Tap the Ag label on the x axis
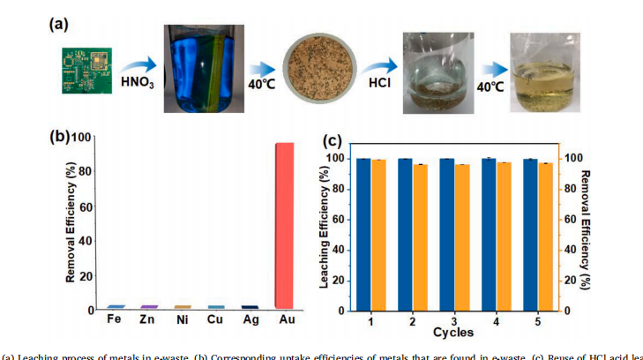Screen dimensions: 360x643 pyautogui.click(x=249, y=319)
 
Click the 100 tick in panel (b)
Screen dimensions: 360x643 pyautogui.click(x=82, y=138)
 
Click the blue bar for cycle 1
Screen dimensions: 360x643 pyautogui.click(x=363, y=234)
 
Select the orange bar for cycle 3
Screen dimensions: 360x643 pyautogui.click(x=461, y=236)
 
